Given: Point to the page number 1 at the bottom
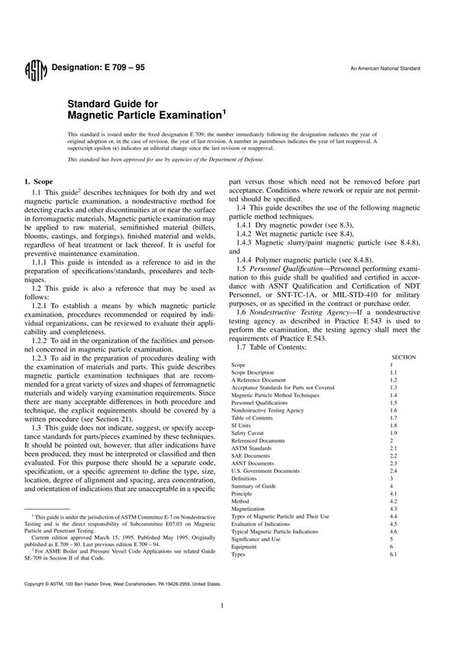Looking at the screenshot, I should coord(222,628).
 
